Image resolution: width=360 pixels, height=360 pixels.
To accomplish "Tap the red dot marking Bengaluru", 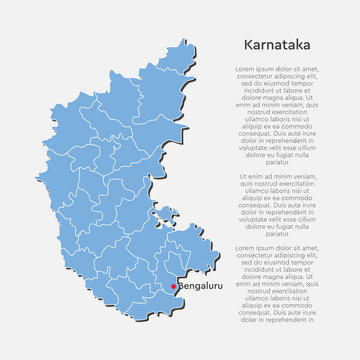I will (x=172, y=288).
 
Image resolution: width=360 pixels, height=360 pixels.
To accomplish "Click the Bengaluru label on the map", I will (x=195, y=288).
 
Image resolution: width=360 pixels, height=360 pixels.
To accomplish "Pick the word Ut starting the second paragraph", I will (x=245, y=172).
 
